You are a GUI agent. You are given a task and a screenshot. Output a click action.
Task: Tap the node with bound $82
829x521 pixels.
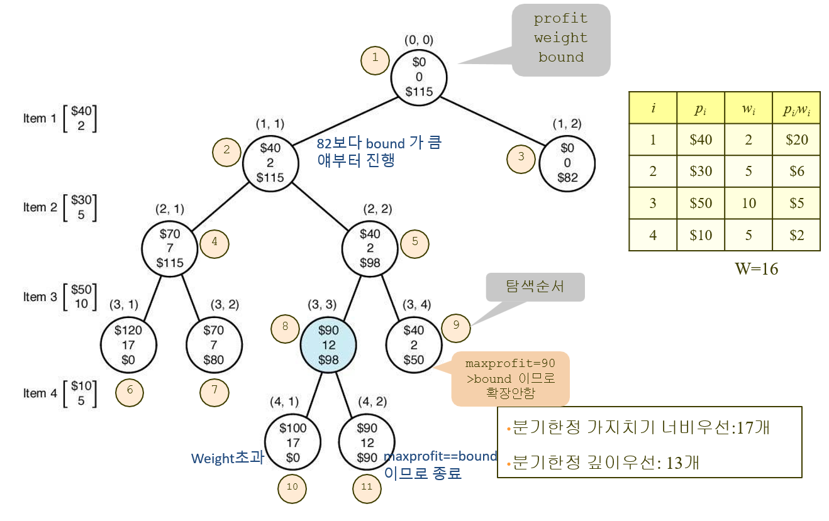pyautogui.click(x=567, y=163)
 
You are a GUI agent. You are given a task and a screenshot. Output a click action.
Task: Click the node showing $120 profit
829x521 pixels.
pyautogui.click(x=128, y=345)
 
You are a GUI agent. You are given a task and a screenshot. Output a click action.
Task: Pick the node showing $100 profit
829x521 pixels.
pyautogui.click(x=293, y=443)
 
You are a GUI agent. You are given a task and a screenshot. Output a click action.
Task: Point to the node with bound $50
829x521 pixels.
pyautogui.click(x=414, y=345)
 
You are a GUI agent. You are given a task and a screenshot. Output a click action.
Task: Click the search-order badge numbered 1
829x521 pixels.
pyautogui.click(x=375, y=59)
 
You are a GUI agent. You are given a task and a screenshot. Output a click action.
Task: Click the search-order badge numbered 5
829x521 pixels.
pyautogui.click(x=414, y=243)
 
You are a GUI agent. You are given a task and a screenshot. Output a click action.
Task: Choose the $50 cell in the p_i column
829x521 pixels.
pyautogui.click(x=701, y=203)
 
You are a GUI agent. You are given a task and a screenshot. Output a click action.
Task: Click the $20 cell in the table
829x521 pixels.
pyautogui.click(x=796, y=140)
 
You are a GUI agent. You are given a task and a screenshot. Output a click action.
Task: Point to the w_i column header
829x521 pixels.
pyautogui.click(x=748, y=107)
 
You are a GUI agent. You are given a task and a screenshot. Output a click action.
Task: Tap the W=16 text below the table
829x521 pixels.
pyautogui.click(x=756, y=269)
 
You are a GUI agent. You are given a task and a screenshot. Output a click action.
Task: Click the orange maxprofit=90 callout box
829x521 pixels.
pyautogui.click(x=510, y=379)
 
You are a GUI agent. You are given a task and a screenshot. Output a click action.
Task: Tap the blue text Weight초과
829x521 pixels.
pyautogui.click(x=227, y=459)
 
